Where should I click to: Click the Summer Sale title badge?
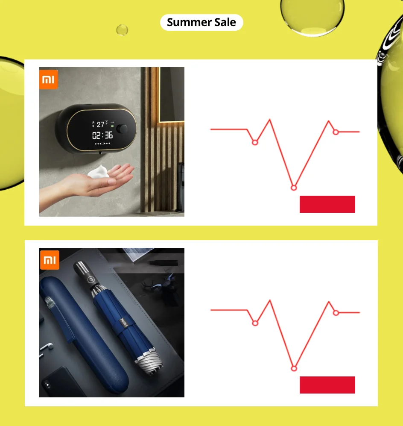[201, 22]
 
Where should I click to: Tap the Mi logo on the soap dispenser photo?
[49, 79]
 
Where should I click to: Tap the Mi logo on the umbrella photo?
[50, 260]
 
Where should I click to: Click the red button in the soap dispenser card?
[327, 204]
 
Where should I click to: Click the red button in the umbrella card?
[327, 385]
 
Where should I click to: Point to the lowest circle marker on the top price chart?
[294, 188]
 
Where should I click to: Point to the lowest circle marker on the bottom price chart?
[294, 368]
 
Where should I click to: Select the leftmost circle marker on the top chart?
[255, 142]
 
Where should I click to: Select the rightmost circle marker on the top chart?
[336, 132]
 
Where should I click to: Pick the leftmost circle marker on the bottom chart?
[255, 323]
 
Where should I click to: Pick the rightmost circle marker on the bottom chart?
[336, 313]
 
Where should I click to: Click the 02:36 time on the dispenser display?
[102, 135]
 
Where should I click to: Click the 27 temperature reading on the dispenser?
[100, 124]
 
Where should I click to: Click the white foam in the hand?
[99, 172]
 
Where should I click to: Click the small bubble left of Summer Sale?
[122, 30]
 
